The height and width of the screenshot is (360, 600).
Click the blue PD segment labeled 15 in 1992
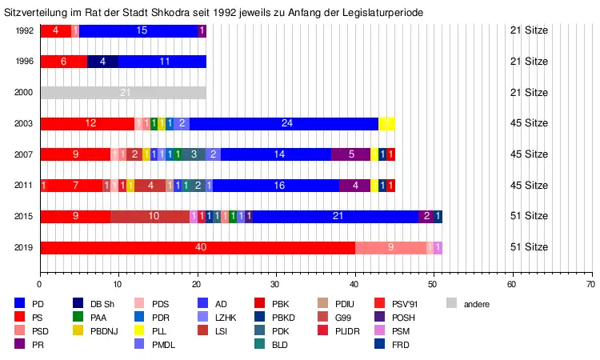point(142,31)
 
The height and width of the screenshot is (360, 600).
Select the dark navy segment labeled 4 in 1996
point(102,62)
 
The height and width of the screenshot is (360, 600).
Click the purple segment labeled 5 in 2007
point(352,154)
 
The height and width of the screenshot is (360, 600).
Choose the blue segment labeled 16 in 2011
point(278,186)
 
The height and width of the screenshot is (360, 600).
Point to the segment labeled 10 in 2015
point(154,216)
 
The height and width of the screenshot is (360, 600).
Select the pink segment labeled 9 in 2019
point(390,247)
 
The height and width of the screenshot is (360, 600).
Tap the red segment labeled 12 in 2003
point(90,123)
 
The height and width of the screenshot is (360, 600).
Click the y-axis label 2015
point(24,216)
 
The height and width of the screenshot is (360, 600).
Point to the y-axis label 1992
point(24,31)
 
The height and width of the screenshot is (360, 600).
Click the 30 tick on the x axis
point(275,283)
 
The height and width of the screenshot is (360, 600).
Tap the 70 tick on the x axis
point(590,283)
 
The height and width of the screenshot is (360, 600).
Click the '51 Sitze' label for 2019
point(529,247)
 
